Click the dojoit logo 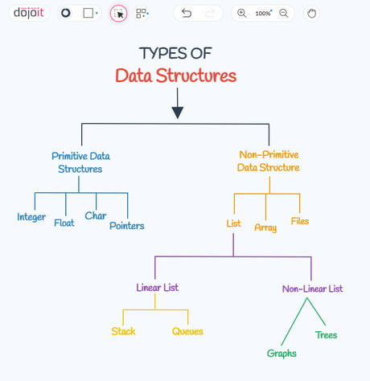(28, 13)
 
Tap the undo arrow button (187, 13)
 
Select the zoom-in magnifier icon (241, 13)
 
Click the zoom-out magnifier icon (284, 13)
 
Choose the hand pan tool (311, 13)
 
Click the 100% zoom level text (264, 13)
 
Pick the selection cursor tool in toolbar (118, 13)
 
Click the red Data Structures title (176, 76)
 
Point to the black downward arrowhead (178, 113)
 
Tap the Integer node (31, 217)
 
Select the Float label (64, 223)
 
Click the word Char (96, 215)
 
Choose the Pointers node (127, 226)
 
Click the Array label (265, 227)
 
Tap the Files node (300, 221)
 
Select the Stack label (123, 331)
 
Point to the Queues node (187, 331)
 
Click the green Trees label (326, 335)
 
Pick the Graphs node (282, 354)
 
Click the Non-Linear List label (312, 289)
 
